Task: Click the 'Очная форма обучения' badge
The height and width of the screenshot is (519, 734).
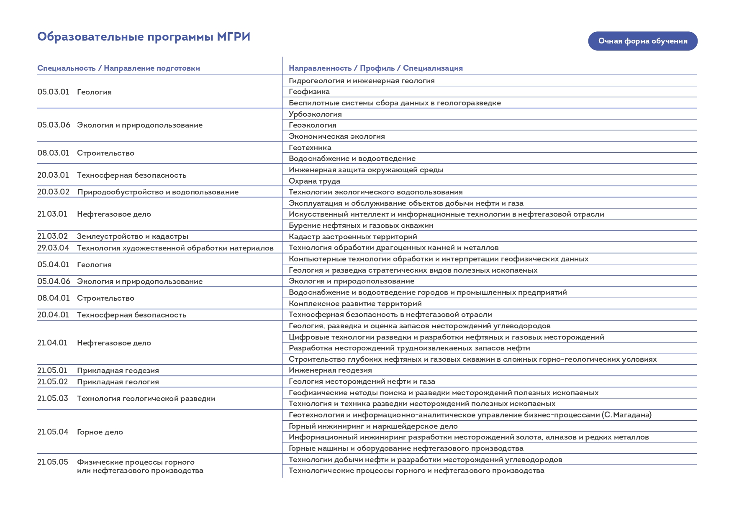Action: [642, 41]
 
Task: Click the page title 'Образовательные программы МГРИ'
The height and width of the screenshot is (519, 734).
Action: [144, 37]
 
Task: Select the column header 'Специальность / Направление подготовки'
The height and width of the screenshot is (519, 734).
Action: [118, 68]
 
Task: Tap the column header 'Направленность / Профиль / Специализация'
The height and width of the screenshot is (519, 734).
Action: [375, 68]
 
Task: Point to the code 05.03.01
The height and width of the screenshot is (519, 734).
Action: [53, 92]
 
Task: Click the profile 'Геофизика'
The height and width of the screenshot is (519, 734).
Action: [309, 92]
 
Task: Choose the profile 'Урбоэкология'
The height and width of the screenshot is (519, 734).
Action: [315, 114]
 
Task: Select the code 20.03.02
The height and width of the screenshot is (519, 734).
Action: [53, 192]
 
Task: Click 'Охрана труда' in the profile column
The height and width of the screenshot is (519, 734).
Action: [314, 181]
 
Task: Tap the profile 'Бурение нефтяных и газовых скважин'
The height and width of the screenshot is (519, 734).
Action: [361, 225]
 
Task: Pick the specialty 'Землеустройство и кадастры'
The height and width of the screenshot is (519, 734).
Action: [132, 236]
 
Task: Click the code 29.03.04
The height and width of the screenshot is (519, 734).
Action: [53, 248]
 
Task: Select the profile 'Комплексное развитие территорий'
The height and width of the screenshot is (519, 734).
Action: [355, 304]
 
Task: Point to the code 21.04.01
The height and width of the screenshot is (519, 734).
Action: [52, 343]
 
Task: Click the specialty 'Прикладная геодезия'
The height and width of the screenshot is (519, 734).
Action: [118, 371]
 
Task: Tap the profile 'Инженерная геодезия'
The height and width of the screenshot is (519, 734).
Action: [330, 370]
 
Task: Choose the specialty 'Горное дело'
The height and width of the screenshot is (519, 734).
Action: [100, 432]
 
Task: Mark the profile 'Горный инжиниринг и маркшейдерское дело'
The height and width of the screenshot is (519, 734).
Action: [373, 426]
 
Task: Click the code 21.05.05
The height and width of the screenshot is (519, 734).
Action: [52, 462]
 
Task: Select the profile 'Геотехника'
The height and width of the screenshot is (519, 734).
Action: [310, 148]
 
